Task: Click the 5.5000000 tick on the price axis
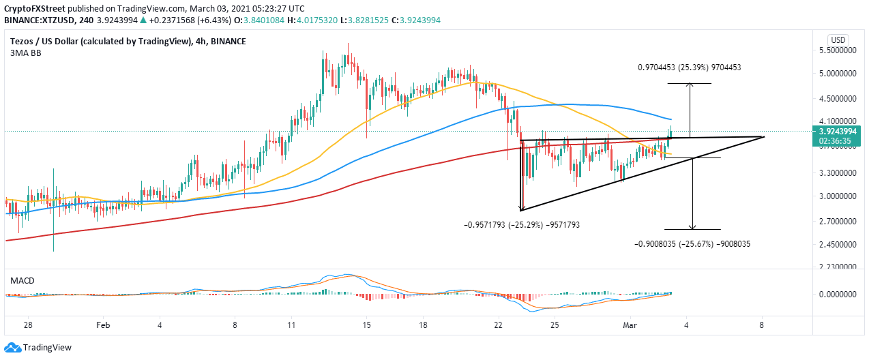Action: tap(838, 50)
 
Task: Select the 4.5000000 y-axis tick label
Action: tap(838, 98)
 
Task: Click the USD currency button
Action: tap(838, 39)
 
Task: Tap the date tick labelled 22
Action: tap(498, 326)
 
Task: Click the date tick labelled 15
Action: tap(367, 326)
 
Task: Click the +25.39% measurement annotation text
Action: tap(689, 67)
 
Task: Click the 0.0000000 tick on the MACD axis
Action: tap(838, 295)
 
